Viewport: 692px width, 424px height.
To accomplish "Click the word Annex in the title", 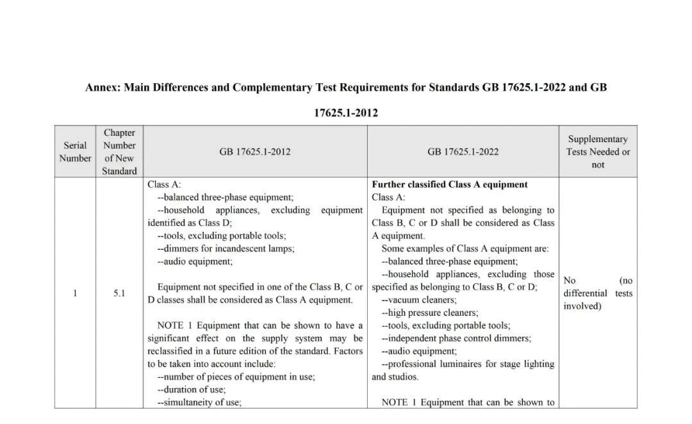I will pyautogui.click(x=101, y=87).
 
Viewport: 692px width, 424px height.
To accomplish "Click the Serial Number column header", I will pyautogui.click(x=75, y=152).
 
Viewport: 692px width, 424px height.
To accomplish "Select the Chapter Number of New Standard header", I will pyautogui.click(x=120, y=152).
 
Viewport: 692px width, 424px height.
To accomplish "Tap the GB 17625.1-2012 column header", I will pyautogui.click(x=255, y=152).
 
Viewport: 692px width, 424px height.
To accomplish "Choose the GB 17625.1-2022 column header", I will pyautogui.click(x=463, y=152).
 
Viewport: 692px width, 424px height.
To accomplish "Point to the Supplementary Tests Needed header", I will pyautogui.click(x=598, y=152).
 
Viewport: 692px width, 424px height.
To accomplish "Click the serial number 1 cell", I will pyautogui.click(x=75, y=293).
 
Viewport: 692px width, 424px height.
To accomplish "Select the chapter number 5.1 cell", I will pyautogui.click(x=120, y=293).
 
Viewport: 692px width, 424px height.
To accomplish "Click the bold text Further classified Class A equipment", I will pyautogui.click(x=450, y=184).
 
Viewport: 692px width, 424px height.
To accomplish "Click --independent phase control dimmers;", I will pyautogui.click(x=456, y=338).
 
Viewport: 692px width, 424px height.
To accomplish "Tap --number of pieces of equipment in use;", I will pyautogui.click(x=236, y=377).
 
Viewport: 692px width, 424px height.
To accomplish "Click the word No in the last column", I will pyautogui.click(x=570, y=281).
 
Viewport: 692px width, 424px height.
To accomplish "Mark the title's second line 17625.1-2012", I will pyautogui.click(x=346, y=113).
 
